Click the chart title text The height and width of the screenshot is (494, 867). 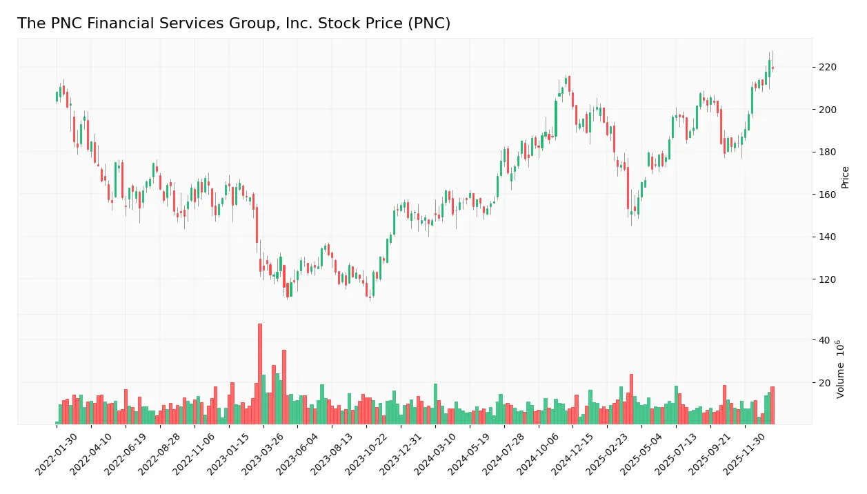233,23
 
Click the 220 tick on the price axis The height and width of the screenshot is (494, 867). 827,68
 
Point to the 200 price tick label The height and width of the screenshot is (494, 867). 827,110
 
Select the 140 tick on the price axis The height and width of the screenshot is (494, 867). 827,237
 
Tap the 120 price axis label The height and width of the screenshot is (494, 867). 827,279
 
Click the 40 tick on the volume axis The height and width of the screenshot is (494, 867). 824,340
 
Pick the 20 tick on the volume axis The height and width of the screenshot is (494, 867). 824,382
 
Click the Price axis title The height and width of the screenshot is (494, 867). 845,177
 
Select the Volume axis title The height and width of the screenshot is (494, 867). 840,369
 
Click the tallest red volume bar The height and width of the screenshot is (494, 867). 260,374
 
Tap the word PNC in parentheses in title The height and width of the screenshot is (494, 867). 427,23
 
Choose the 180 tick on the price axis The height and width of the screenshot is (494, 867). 827,152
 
